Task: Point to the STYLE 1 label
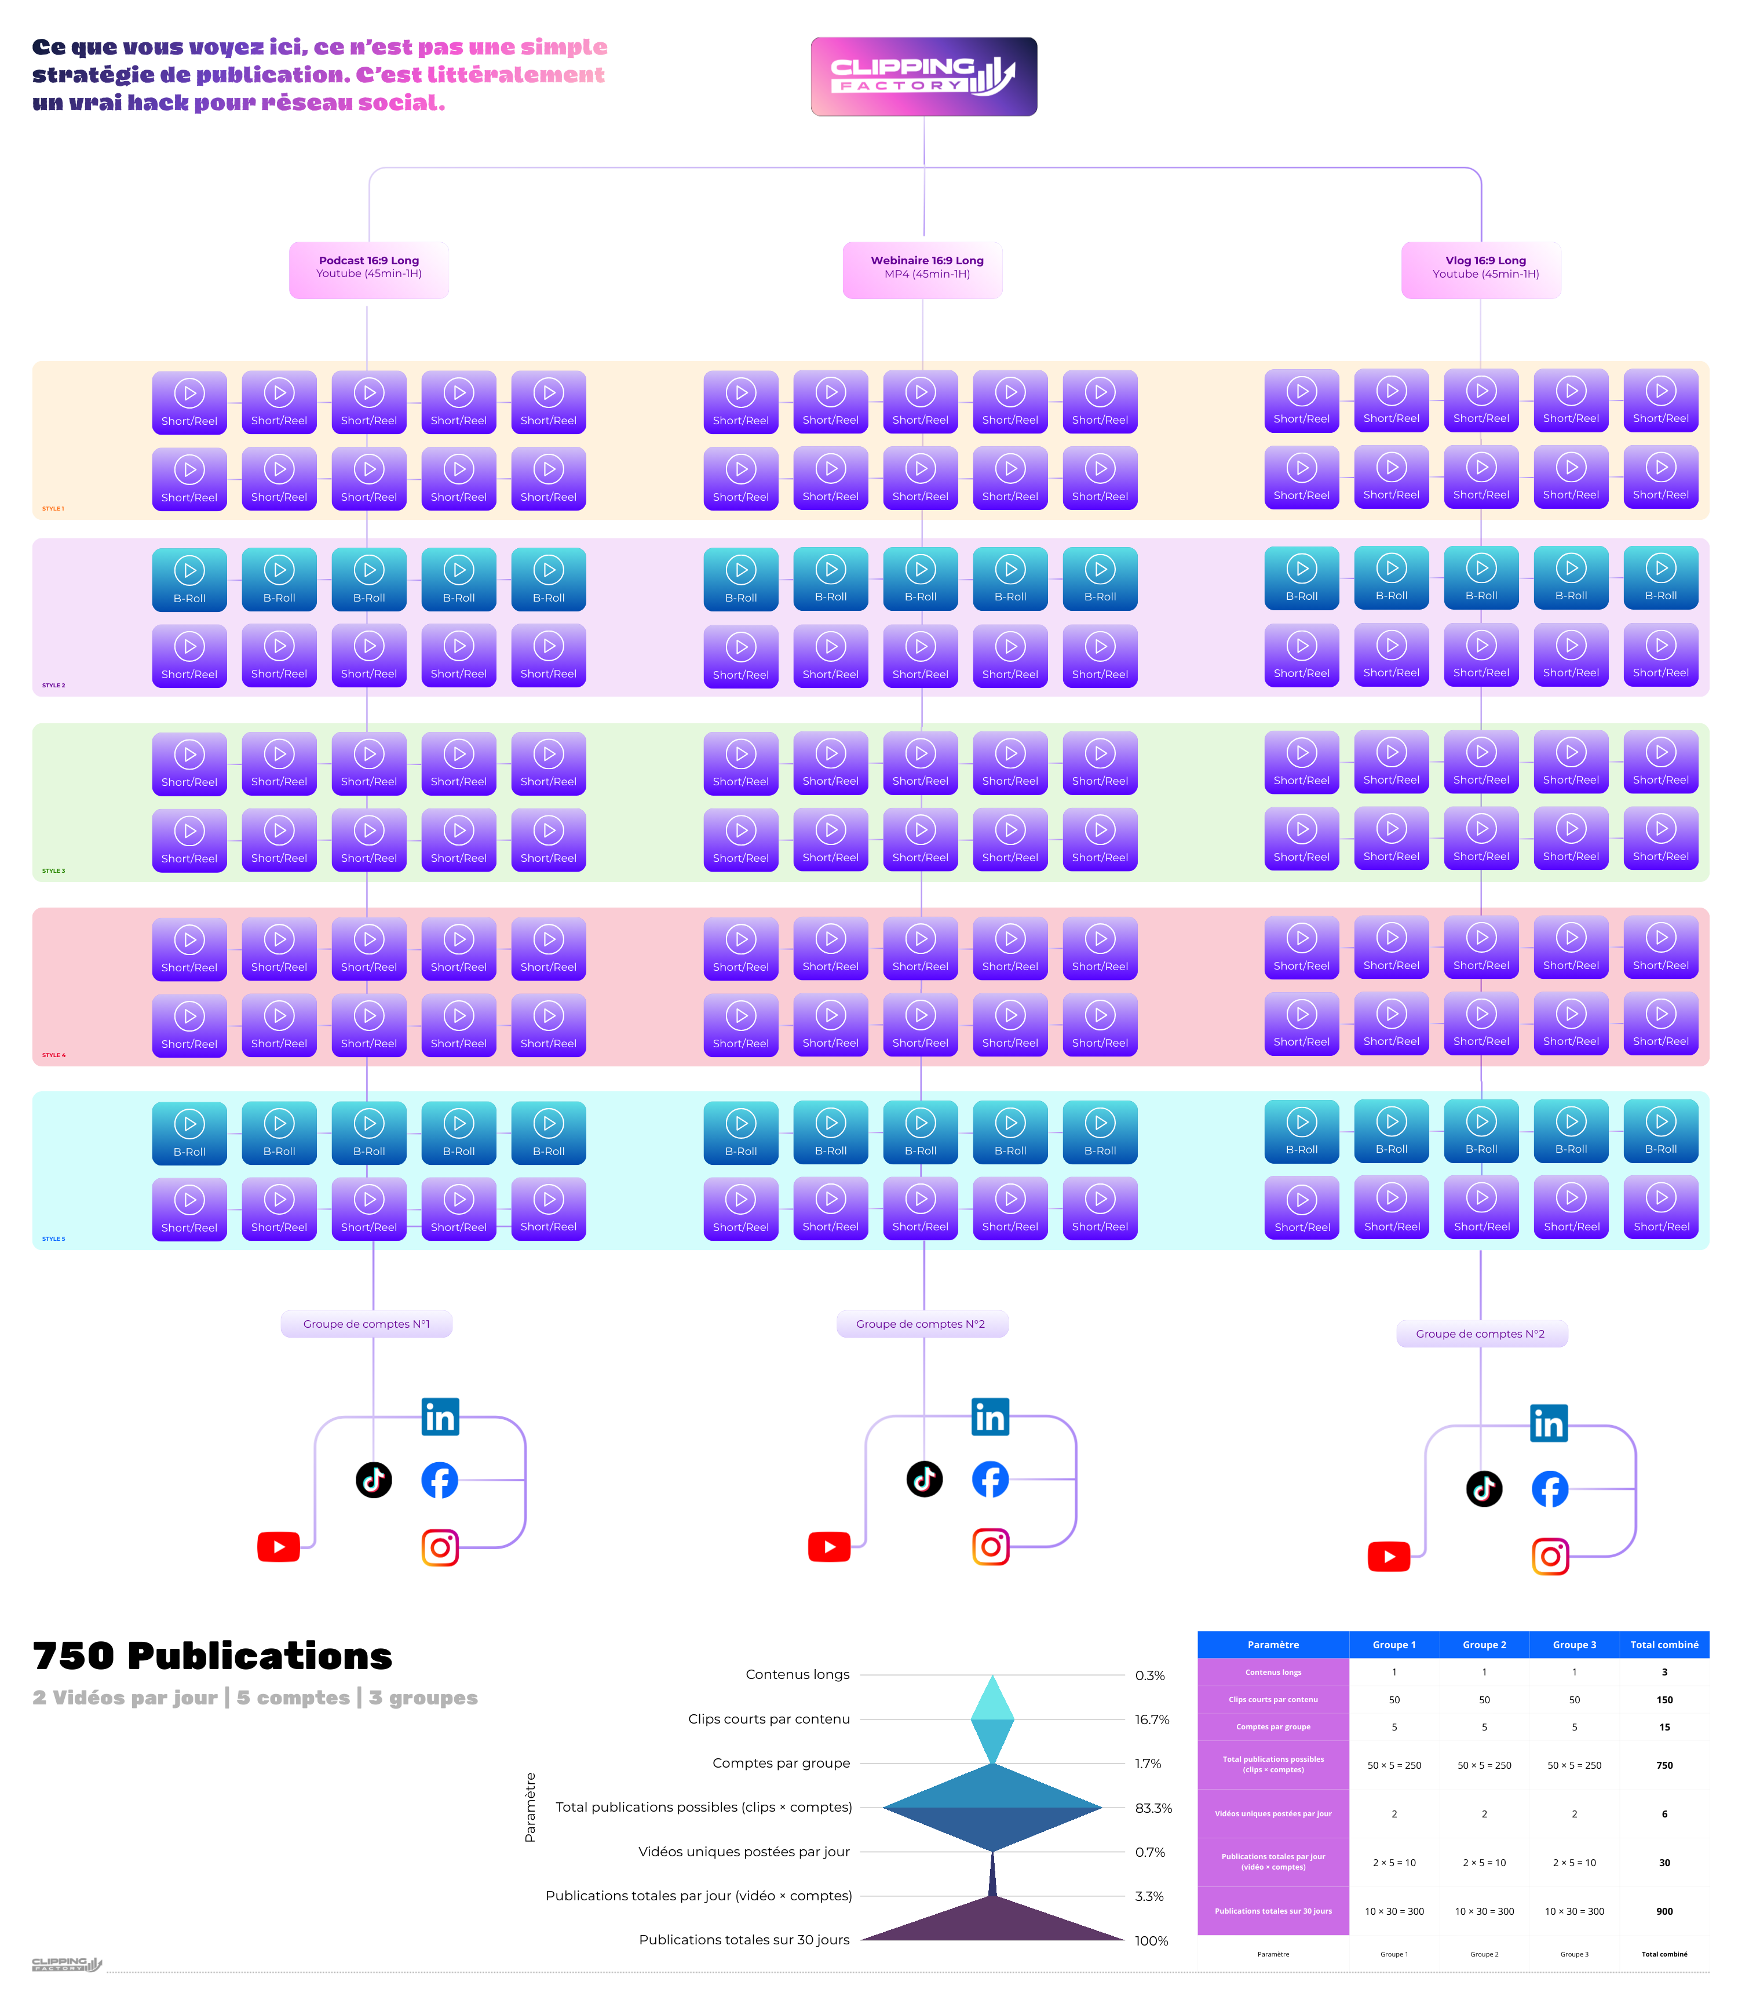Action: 53,509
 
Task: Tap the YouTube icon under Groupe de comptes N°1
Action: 279,1546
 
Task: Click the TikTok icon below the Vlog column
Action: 1484,1489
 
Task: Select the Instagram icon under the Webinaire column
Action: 991,1546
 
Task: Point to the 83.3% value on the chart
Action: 1153,1808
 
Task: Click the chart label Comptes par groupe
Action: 780,1764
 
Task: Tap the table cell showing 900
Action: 1663,1911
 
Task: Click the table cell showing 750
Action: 1663,1765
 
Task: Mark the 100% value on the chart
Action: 1151,1941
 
